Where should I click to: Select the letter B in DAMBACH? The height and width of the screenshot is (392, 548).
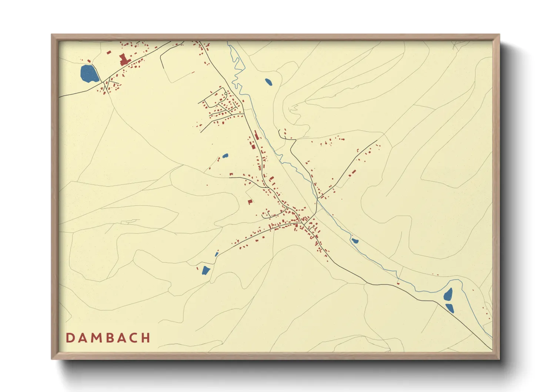pyautogui.click(x=111, y=338)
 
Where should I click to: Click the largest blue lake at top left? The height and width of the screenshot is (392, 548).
pyautogui.click(x=89, y=74)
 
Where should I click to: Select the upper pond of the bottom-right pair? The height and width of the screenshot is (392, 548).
pyautogui.click(x=448, y=295)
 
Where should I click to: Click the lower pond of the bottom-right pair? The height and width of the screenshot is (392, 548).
pyautogui.click(x=450, y=308)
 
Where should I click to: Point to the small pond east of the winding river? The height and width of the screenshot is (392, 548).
pyautogui.click(x=268, y=82)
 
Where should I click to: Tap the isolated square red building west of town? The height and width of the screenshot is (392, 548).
pyautogui.click(x=250, y=202)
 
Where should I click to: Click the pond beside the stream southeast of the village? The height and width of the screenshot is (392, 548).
pyautogui.click(x=355, y=241)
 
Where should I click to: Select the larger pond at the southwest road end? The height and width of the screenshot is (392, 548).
pyautogui.click(x=205, y=270)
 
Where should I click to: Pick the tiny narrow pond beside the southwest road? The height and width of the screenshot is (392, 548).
pyautogui.click(x=217, y=254)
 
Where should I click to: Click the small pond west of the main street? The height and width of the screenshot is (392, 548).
pyautogui.click(x=225, y=156)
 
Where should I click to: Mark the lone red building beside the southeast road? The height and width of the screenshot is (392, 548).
pyautogui.click(x=398, y=283)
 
